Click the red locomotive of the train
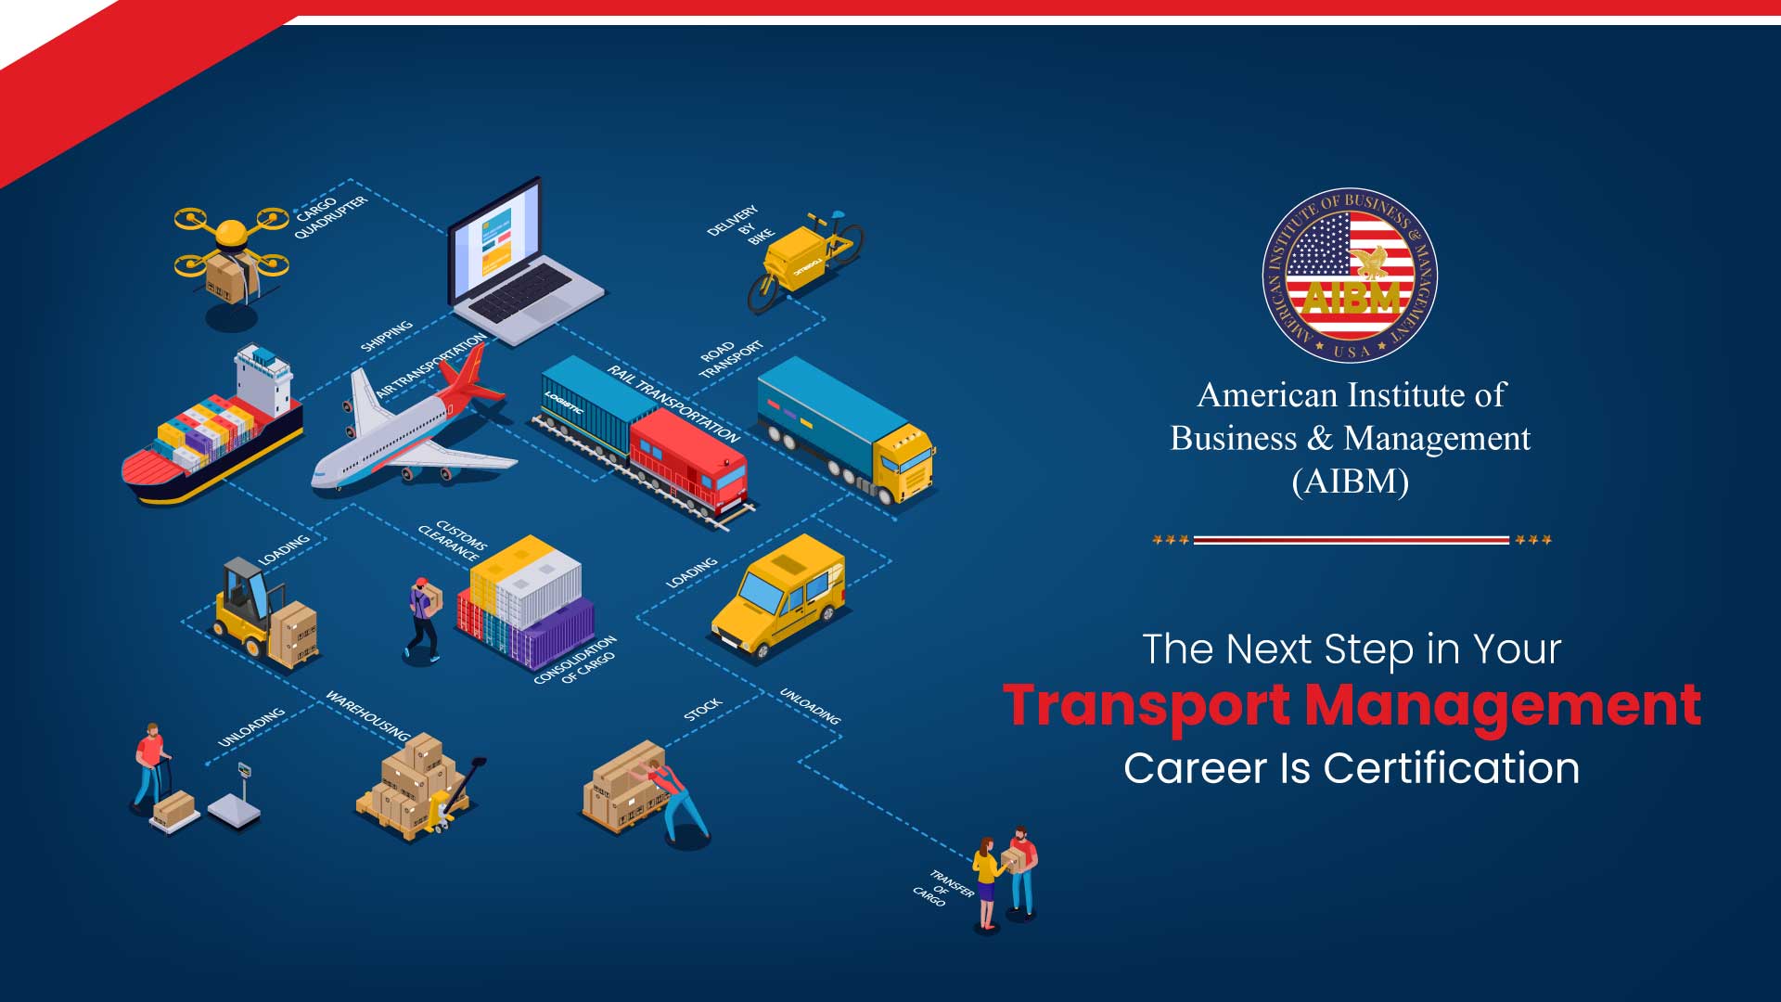point(688,462)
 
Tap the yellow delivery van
point(779,594)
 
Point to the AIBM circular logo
point(1350,276)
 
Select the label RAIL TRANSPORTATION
point(673,404)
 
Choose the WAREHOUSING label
point(367,716)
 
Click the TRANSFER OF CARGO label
point(942,888)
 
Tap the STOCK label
point(702,710)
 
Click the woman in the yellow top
point(987,881)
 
